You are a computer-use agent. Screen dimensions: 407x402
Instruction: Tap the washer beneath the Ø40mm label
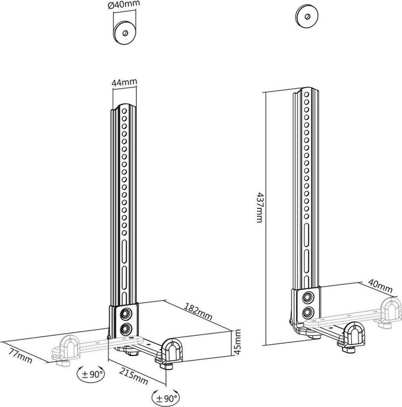coord(124,32)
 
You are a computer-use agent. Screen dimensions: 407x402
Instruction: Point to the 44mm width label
coord(124,83)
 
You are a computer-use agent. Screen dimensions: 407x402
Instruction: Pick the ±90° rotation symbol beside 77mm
coord(91,374)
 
